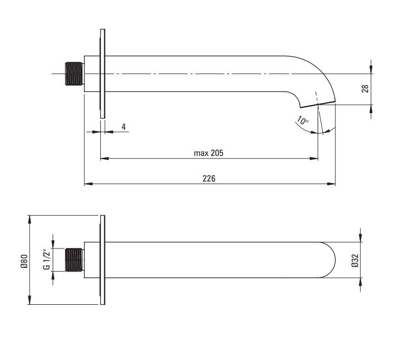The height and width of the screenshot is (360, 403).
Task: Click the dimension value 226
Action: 209,178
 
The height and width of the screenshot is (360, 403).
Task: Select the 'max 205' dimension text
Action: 209,153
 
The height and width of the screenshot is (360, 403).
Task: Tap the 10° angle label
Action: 303,120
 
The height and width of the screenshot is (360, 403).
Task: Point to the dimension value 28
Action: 365,88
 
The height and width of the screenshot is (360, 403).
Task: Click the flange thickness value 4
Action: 124,127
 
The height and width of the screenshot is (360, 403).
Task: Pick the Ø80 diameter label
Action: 24,261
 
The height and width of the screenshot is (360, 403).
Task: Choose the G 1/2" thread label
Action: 47,259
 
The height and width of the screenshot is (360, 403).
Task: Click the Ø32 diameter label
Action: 355,261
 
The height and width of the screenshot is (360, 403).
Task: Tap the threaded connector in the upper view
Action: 74,74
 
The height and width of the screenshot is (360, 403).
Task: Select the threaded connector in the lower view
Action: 74,260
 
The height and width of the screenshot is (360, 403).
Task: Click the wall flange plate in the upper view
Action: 103,74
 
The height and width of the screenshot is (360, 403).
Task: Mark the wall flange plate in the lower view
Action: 103,260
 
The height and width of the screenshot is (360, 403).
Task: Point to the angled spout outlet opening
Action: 318,104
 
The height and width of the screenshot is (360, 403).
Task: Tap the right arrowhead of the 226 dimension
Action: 331,184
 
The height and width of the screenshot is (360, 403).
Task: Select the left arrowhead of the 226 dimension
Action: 88,184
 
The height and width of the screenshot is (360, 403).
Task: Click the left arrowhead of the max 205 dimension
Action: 104,159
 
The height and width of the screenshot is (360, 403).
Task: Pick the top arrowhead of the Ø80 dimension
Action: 30,220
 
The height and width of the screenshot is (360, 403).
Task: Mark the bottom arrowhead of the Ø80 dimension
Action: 30,300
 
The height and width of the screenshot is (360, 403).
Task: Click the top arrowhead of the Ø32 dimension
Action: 361,238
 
